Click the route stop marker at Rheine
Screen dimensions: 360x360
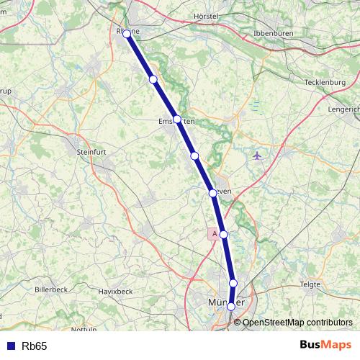127,33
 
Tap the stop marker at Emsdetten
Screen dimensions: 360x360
177,120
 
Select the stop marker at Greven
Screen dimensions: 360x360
212,193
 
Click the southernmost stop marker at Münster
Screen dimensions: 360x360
230,307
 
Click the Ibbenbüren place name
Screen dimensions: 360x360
276,34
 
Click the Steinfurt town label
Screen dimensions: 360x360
91,152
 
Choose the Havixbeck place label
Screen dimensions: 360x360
115,292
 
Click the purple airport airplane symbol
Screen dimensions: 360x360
258,156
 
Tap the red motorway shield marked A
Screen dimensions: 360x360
214,233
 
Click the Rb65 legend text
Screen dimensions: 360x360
34,346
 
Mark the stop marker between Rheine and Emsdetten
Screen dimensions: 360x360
153,79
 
